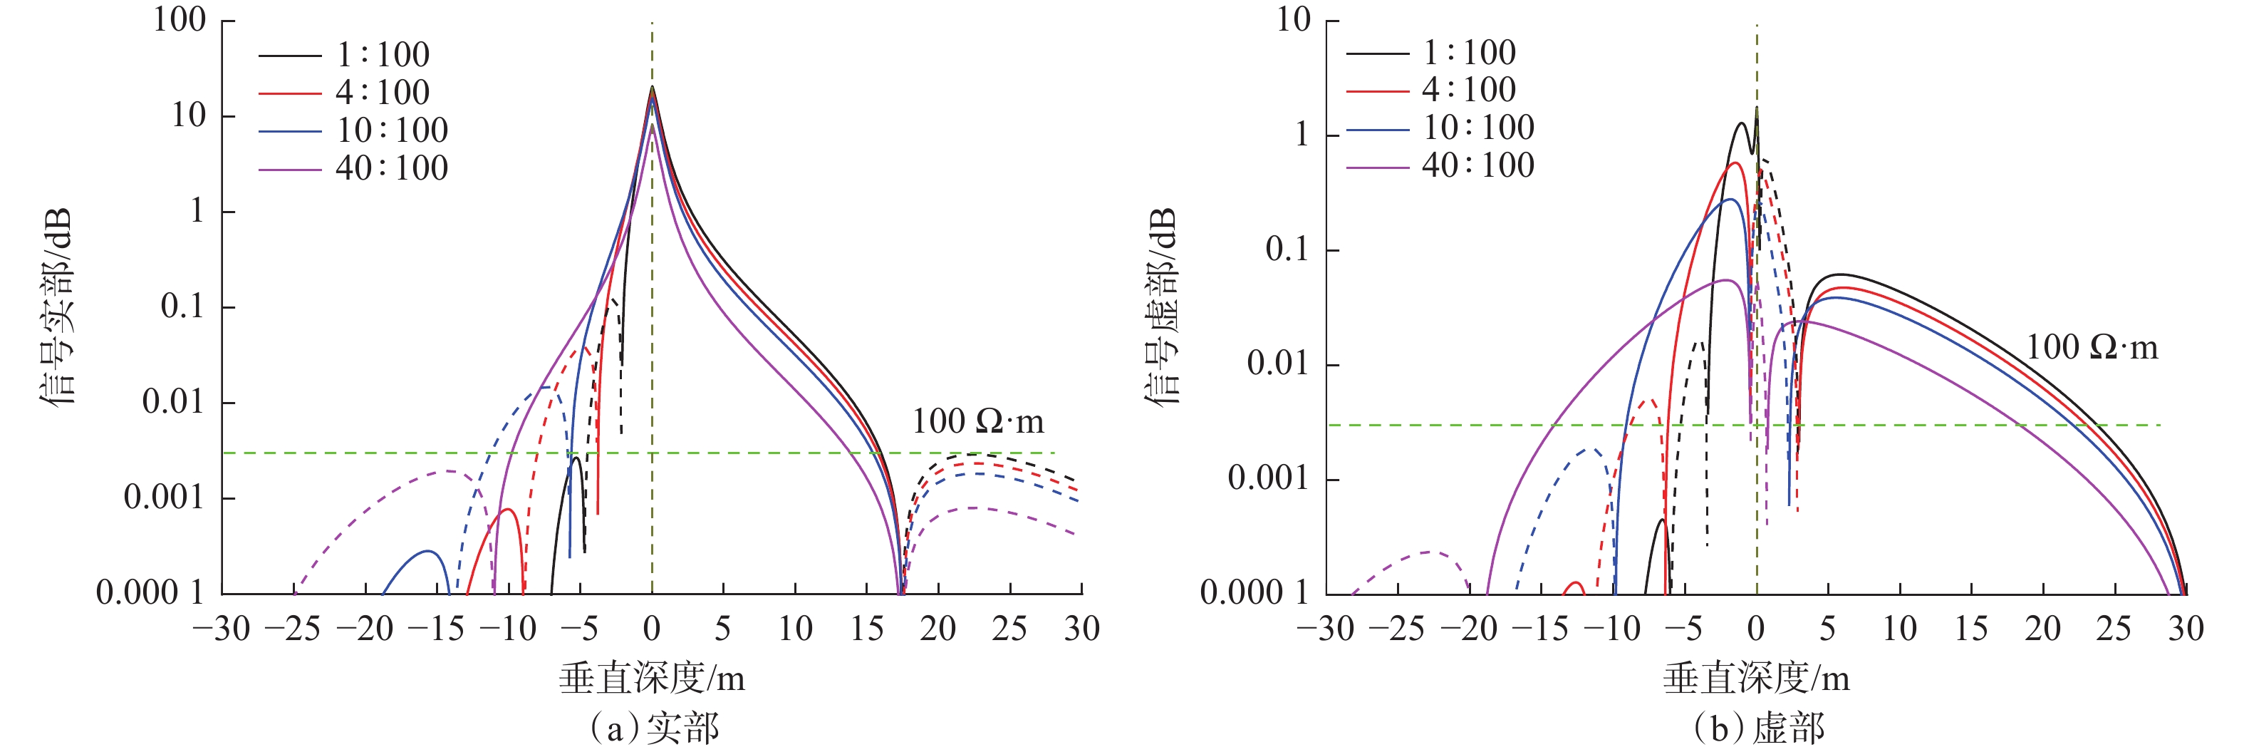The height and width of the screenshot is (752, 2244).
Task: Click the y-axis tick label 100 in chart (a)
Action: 180,19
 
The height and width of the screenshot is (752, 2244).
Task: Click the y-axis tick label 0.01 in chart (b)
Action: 1278,364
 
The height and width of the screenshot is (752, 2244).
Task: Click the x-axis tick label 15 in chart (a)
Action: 866,628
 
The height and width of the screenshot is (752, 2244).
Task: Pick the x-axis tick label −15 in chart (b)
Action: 1540,628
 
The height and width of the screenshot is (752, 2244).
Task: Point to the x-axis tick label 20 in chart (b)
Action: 2042,628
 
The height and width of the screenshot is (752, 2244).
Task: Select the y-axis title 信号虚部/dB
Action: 1161,307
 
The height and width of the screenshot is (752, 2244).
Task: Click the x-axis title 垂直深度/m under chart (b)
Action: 1755,678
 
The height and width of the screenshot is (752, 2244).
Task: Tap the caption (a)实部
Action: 653,728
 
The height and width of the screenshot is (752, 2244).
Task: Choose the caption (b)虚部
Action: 1758,728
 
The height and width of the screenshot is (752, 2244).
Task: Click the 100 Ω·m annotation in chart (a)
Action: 977,422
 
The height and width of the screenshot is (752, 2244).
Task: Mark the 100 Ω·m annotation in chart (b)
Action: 2092,348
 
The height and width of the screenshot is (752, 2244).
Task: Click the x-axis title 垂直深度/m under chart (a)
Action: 652,678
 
